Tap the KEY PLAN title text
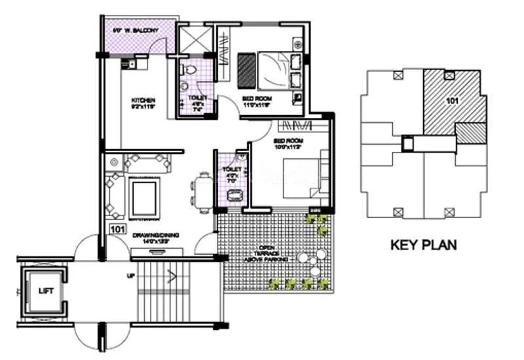coord(423,245)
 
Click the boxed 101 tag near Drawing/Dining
coord(117,229)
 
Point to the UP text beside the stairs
coord(131,276)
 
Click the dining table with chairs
coord(201,192)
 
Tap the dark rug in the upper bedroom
coord(246,67)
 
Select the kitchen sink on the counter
coord(128,63)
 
